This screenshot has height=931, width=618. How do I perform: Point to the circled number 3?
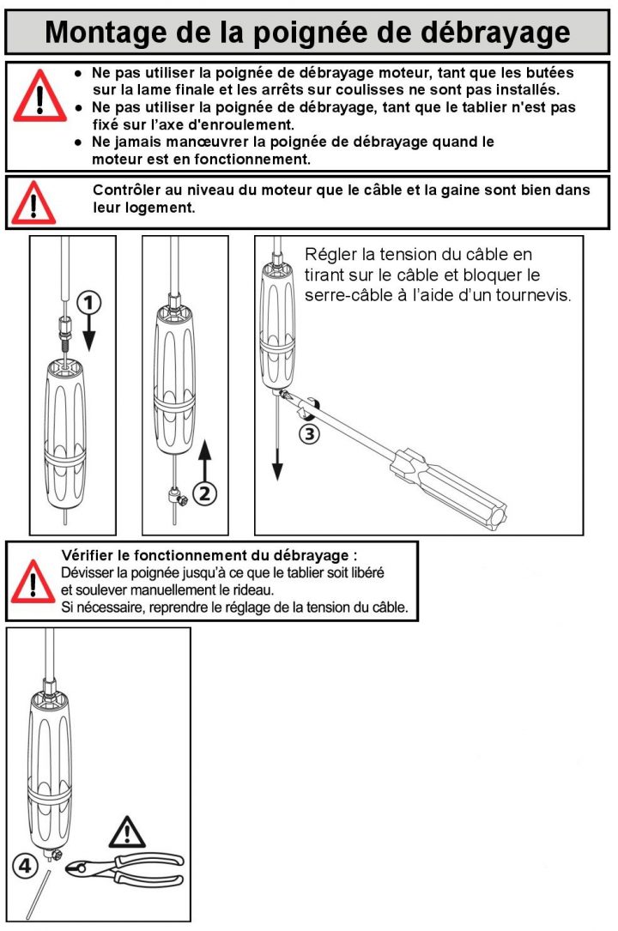click(x=309, y=434)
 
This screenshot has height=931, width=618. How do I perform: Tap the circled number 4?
click(x=26, y=866)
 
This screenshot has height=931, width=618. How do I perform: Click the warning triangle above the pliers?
click(x=128, y=831)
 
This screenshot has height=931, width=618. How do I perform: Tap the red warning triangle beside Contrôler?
click(x=35, y=203)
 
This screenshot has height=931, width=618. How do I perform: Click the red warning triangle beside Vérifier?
click(x=33, y=582)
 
